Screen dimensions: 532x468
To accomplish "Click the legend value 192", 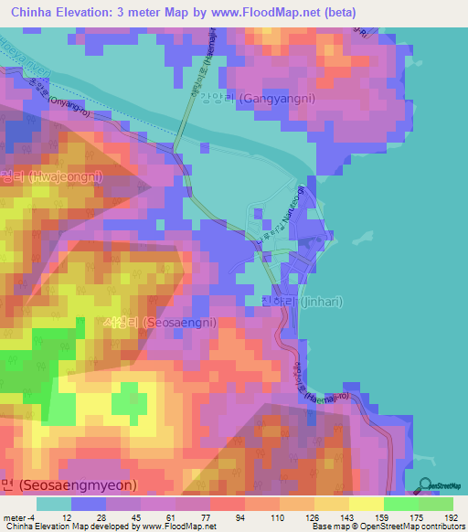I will coord(448,516).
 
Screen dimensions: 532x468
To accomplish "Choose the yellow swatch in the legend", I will coord(367,503).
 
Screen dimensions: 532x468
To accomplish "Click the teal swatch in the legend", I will coord(53,503).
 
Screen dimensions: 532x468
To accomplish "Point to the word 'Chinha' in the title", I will coord(32,12).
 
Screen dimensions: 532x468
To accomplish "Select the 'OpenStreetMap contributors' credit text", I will coord(409,527).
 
